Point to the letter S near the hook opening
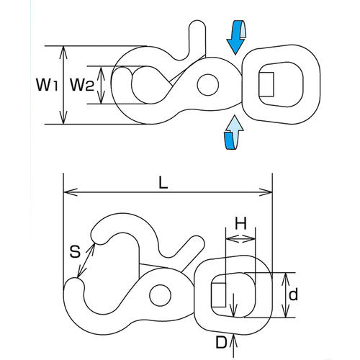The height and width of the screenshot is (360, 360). pyautogui.click(x=74, y=252)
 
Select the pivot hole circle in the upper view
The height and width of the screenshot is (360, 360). pyautogui.click(x=208, y=84)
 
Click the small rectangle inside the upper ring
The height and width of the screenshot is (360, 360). pyautogui.click(x=266, y=84)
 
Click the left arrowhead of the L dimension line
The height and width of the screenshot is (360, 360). pyautogui.click(x=68, y=193)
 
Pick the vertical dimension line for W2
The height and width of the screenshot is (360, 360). pyautogui.click(x=107, y=85)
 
